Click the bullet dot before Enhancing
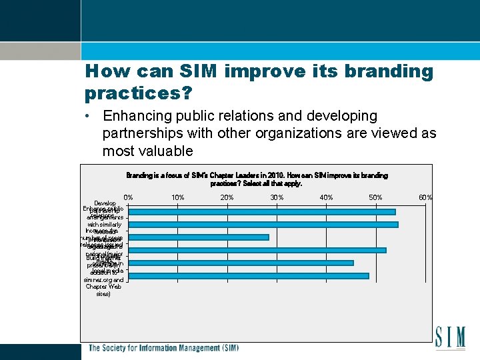pos(88,117)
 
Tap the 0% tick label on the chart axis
pos(128,197)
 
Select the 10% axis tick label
pos(177,197)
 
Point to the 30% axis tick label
pos(277,197)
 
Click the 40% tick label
pos(326,197)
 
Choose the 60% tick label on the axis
pos(425,197)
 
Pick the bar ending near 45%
pos(241,263)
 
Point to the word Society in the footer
pos(116,348)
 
